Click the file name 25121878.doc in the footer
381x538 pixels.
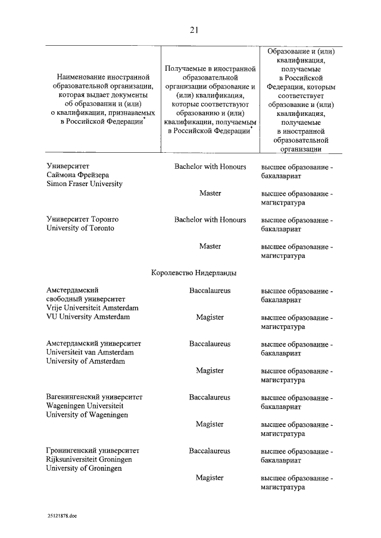coord(63,515)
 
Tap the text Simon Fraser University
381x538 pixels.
coord(85,184)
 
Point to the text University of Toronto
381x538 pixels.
coord(80,228)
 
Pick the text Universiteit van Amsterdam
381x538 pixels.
coord(89,353)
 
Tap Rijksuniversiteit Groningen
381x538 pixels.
coord(89,459)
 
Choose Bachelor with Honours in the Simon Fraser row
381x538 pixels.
coord(210,167)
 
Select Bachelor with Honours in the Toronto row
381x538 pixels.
coord(210,220)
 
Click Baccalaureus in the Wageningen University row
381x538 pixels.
coord(210,397)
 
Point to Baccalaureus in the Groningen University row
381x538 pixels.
coord(210,451)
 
